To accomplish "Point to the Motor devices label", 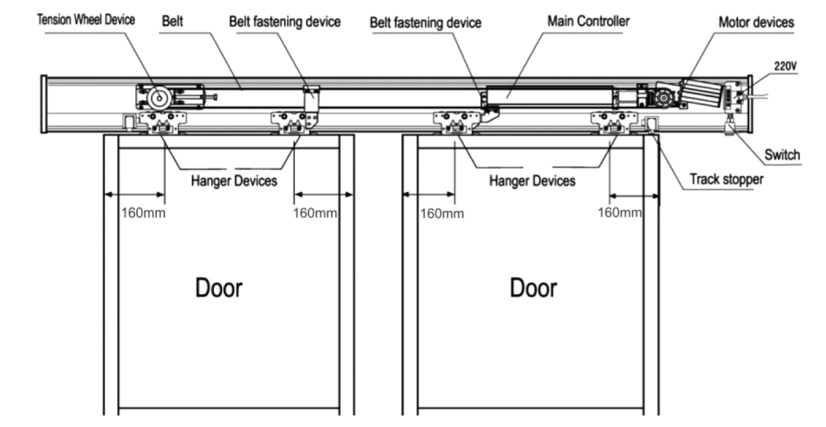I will [x=756, y=22].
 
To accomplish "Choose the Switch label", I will [x=782, y=155].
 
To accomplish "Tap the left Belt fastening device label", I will [x=285, y=21].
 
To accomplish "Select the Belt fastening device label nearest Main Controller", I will [x=426, y=22].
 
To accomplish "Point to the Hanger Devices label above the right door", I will [x=532, y=181].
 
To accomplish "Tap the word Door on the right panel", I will [x=534, y=287].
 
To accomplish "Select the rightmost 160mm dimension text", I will [x=619, y=213].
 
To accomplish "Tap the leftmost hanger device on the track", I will [x=163, y=122].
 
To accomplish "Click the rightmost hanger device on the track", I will [x=611, y=122].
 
